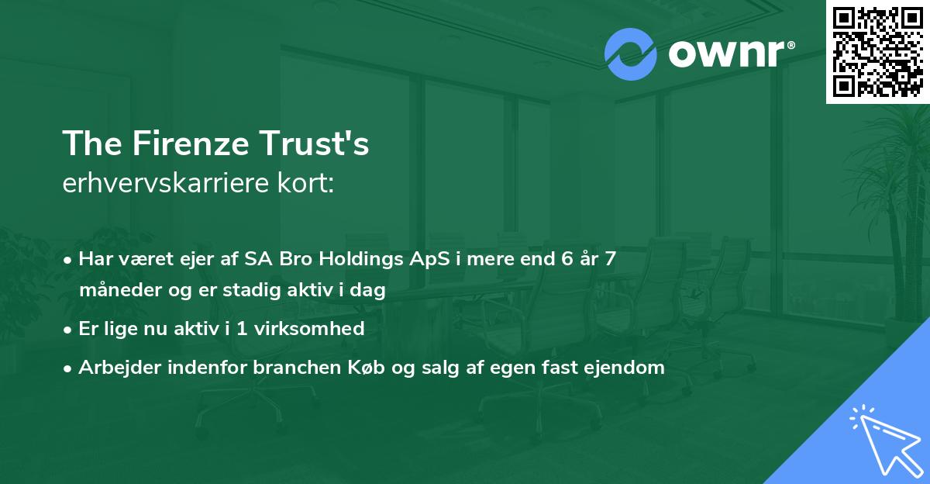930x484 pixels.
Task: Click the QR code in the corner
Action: pos(878,52)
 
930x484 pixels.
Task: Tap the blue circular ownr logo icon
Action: pos(630,54)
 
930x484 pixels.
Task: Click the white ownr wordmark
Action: pos(727,54)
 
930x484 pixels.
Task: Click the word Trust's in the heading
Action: pos(315,143)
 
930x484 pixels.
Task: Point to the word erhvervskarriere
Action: pos(166,183)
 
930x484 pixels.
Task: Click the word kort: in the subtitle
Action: pos(305,183)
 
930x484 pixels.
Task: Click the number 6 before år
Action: pos(567,259)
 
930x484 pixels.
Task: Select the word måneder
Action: pos(120,290)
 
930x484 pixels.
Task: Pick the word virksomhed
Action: pos(309,328)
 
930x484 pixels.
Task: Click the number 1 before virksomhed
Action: pos(242,329)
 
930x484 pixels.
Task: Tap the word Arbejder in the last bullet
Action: pos(119,368)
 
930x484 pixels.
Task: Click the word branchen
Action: pos(297,367)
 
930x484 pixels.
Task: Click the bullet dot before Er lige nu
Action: pos(67,330)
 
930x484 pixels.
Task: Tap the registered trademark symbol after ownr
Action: pos(790,45)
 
